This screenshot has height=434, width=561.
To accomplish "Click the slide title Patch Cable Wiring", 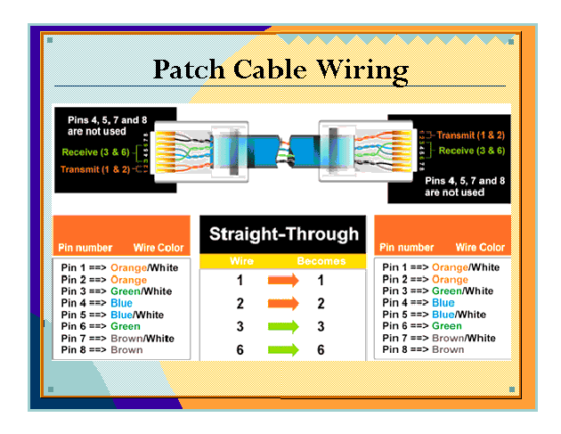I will click(280, 69).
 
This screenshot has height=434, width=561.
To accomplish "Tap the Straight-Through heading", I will click(283, 235).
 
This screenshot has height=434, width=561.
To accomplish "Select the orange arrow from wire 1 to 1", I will click(283, 281).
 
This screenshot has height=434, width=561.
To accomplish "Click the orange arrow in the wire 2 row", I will click(283, 304).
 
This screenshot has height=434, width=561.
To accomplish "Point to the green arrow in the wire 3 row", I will click(283, 327).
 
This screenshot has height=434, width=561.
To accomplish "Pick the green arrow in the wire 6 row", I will click(283, 350).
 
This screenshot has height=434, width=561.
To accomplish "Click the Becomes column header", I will click(321, 262).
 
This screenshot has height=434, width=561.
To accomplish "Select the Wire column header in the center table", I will click(242, 262).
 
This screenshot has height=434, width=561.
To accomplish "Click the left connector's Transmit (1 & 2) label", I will click(94, 168).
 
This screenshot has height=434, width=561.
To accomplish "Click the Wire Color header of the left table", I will click(159, 248).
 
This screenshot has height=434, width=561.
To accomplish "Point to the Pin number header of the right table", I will click(407, 248).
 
